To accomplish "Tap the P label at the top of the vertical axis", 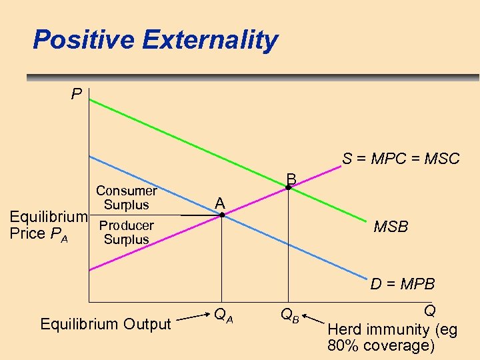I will click(77, 94).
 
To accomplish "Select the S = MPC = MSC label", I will click(401, 159).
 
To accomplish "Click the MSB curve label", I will click(391, 227).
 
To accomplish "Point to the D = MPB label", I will click(403, 284).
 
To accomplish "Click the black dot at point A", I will click(222, 215).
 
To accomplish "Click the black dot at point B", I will click(288, 189).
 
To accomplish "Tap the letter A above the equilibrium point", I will click(220, 203).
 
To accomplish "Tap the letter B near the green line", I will click(291, 179).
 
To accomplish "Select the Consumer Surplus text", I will click(126, 198).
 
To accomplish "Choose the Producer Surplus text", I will click(126, 233).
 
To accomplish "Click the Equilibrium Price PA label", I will click(47, 225).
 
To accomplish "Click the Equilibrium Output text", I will click(106, 324).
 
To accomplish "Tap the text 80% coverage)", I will click(381, 345).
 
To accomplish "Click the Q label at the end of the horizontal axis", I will click(429, 311).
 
